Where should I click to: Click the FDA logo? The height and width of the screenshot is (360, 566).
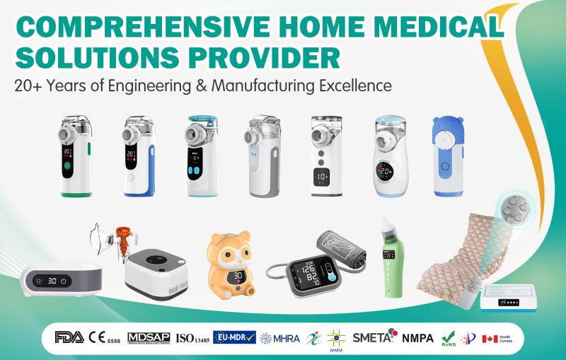pos(69,337)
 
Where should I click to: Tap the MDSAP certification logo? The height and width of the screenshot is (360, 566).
pos(148,337)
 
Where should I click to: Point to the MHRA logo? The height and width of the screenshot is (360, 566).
pos(280,338)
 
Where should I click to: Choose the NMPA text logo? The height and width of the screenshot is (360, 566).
pos(418,337)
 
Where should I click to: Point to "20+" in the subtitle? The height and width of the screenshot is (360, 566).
pos(29,86)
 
